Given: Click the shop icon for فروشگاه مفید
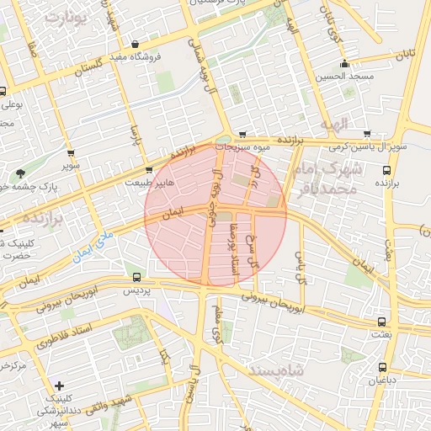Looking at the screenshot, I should tap(135, 45).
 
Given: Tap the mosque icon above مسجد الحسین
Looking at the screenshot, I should tap(343, 64).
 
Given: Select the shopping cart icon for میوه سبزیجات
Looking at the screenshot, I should tap(242, 134).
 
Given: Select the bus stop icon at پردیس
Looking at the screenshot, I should tap(137, 277).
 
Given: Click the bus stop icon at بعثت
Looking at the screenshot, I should tap(382, 322).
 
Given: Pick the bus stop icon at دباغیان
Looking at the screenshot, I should tap(384, 367).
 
